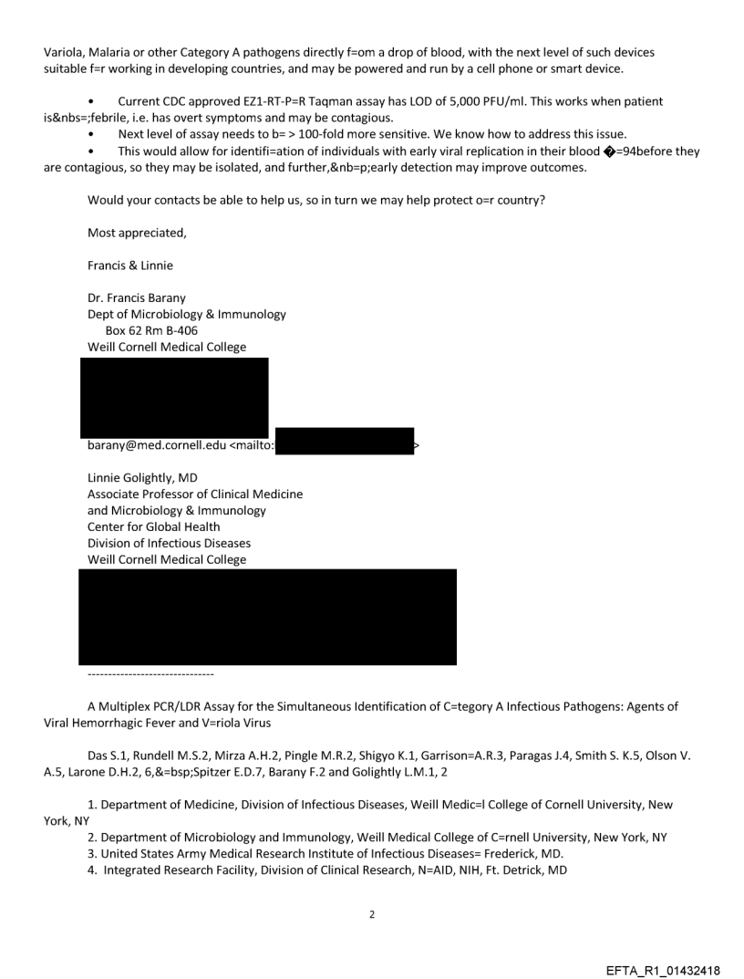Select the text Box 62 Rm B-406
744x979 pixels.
[151, 330]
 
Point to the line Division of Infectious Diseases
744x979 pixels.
[169, 543]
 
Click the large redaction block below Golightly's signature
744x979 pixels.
[267, 616]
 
